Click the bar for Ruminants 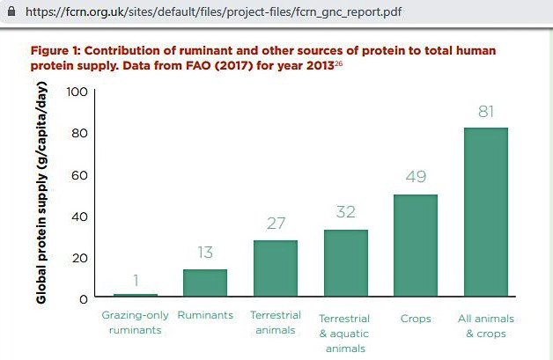[x=205, y=283]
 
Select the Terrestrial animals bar [x=276, y=268]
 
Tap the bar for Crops [x=416, y=246]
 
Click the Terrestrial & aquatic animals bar [x=346, y=263]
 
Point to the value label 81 [x=486, y=111]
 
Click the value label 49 [x=416, y=177]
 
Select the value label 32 [x=346, y=212]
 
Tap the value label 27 [x=276, y=224]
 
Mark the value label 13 [x=205, y=253]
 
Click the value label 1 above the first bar [x=136, y=280]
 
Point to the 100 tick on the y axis [x=77, y=91]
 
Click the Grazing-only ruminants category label [x=136, y=323]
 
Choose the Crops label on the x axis [x=416, y=318]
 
